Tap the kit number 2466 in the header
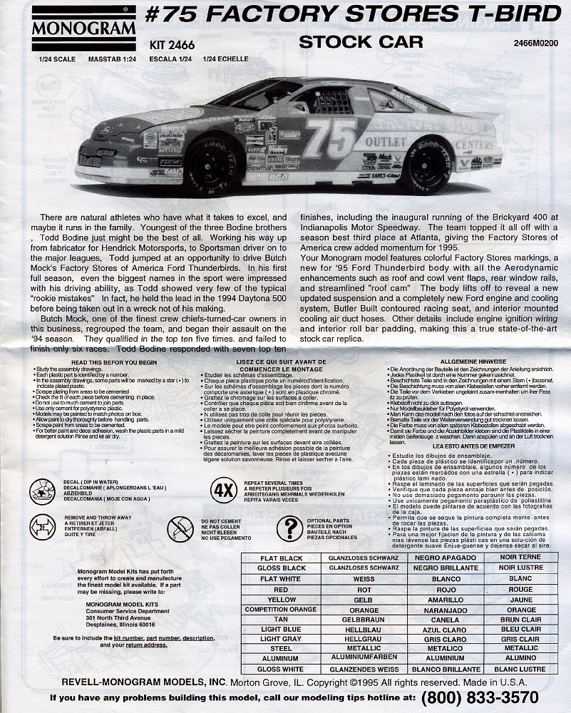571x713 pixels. pyautogui.click(x=168, y=44)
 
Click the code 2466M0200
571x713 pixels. pyautogui.click(x=535, y=43)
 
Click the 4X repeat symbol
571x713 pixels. pyautogui.click(x=223, y=491)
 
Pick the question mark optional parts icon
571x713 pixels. pyautogui.click(x=289, y=528)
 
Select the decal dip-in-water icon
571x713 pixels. pyautogui.click(x=43, y=491)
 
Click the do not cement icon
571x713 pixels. pyautogui.click(x=180, y=529)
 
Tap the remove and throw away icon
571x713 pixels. pyautogui.click(x=43, y=528)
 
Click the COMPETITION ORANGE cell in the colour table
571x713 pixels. pyautogui.click(x=280, y=610)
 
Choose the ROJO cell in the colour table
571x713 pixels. pyautogui.click(x=446, y=590)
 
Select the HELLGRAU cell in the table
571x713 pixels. pyautogui.click(x=364, y=640)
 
